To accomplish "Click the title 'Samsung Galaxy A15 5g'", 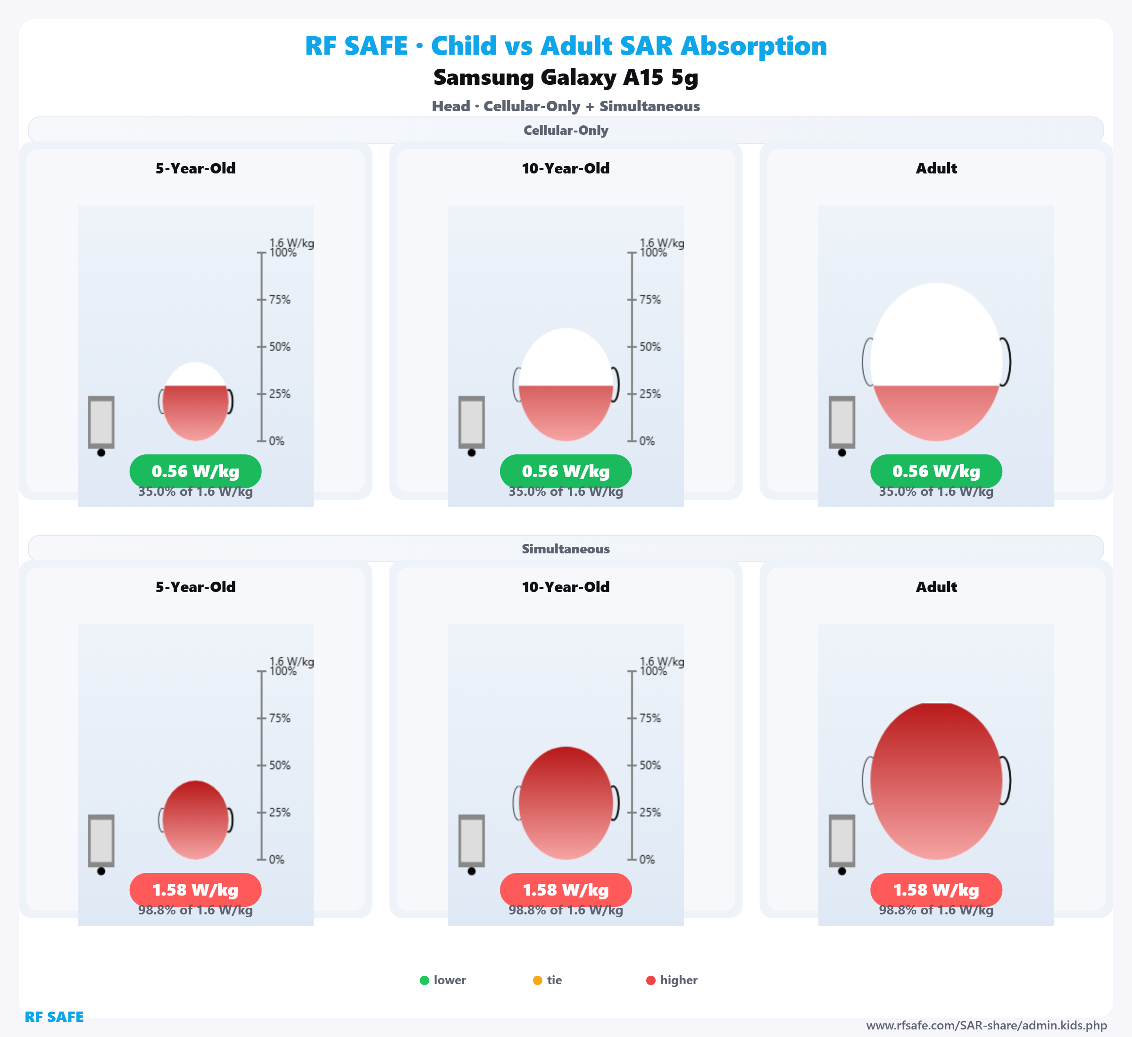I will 566,77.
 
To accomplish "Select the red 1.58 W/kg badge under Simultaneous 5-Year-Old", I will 195,889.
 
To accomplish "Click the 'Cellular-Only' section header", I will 566,130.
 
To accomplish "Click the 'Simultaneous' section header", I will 566,549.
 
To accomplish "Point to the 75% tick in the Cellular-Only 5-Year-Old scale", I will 262,300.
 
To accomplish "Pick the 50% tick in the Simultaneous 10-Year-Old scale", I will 632,765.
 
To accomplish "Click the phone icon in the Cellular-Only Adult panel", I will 842,422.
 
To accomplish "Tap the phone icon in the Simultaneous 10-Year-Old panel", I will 472,840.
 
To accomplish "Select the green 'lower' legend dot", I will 424,980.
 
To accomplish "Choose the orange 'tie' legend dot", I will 537,980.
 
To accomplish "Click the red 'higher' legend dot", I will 651,980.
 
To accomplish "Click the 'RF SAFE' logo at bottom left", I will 54,1017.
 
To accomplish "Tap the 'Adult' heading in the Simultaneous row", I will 936,587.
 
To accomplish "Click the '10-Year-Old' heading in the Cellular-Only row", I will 566,168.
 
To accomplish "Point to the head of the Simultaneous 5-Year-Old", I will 195,819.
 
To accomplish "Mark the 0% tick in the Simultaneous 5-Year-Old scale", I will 262,859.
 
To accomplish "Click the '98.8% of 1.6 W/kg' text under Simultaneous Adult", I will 936,910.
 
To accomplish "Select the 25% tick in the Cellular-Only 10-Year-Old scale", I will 632,394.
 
